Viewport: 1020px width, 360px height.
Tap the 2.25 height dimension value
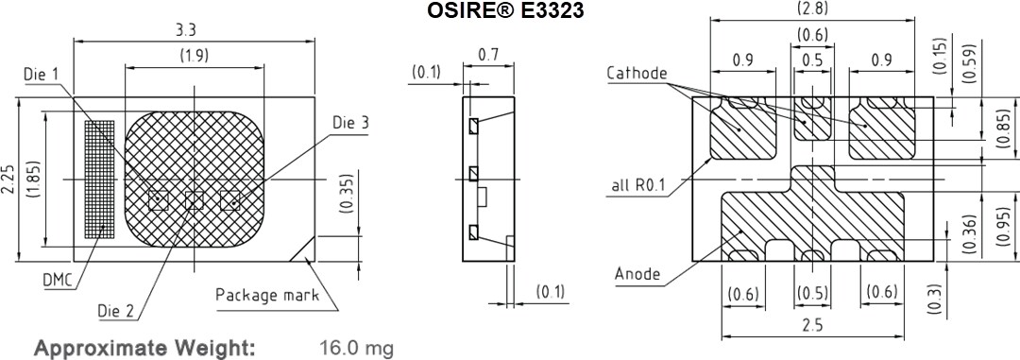(8, 178)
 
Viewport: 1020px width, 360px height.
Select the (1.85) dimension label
(33, 178)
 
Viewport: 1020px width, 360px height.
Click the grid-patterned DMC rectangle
(98, 178)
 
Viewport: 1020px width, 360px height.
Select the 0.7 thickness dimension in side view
(488, 55)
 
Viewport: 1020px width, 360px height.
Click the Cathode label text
(637, 74)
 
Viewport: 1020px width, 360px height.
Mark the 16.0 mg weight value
(356, 348)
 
